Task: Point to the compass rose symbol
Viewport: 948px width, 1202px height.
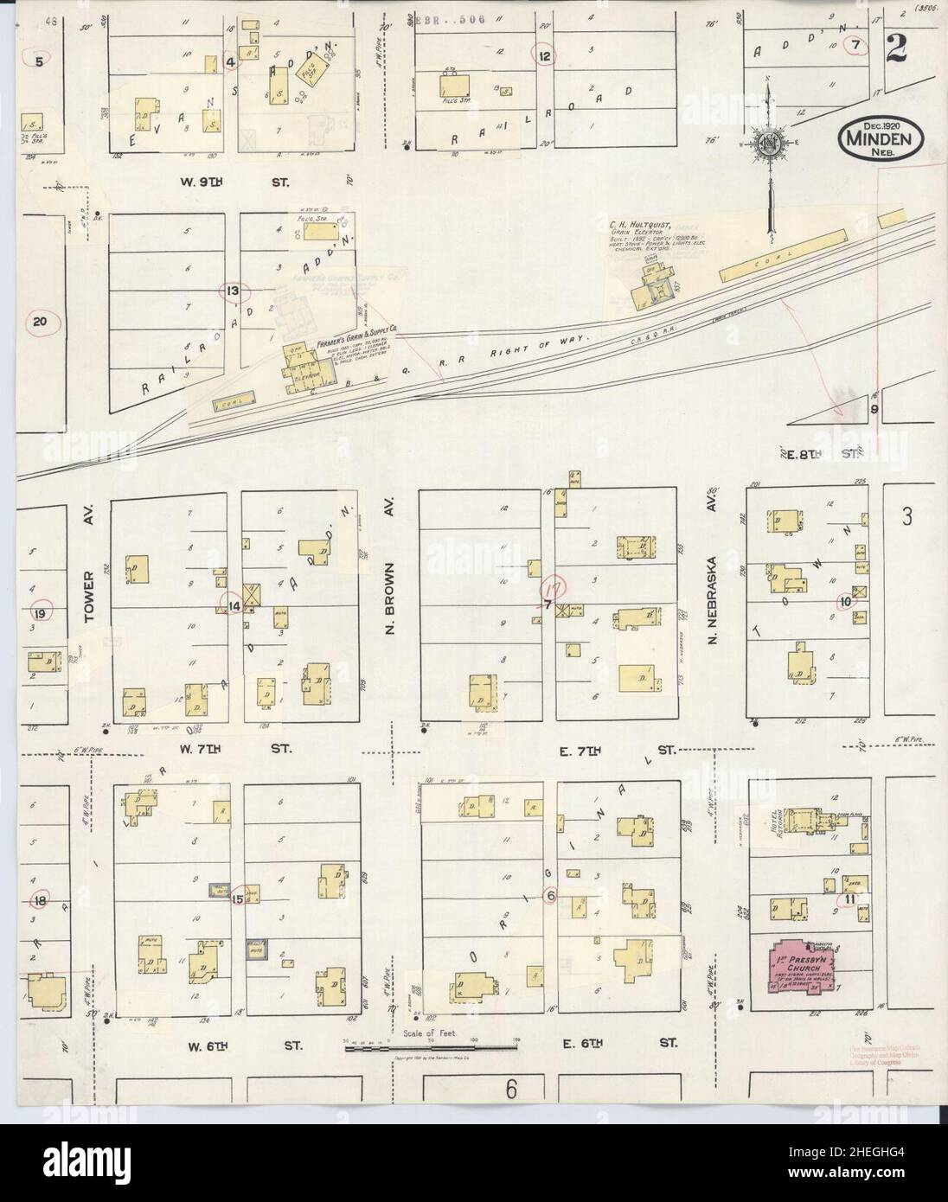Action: [768, 144]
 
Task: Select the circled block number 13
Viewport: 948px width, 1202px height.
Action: [232, 291]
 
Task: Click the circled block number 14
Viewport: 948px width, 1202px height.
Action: [234, 605]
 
